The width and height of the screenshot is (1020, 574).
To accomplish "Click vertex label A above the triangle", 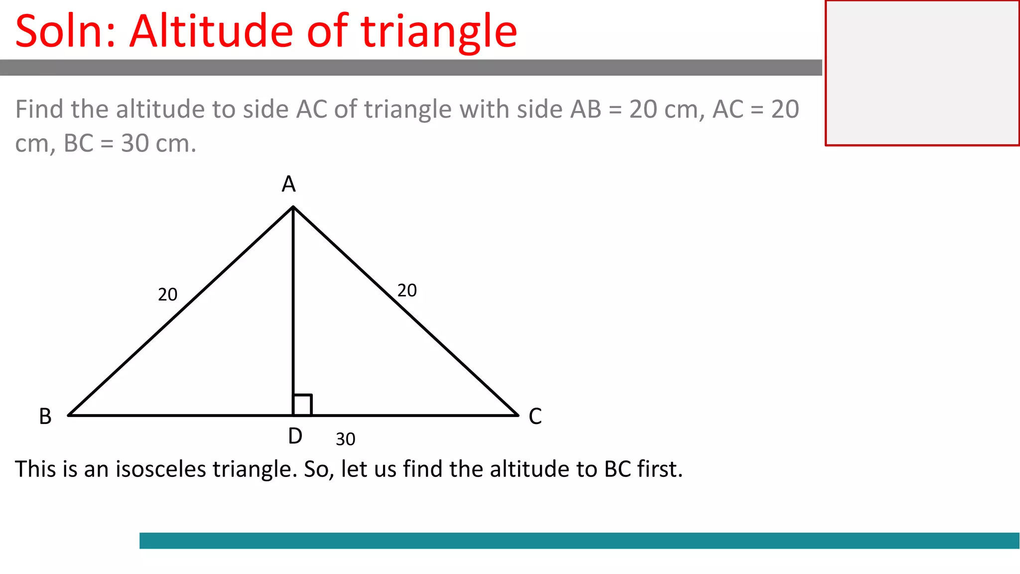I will (289, 184).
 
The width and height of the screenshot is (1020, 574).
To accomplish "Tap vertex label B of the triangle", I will (45, 417).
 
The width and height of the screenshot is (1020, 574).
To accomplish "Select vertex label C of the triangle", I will (535, 417).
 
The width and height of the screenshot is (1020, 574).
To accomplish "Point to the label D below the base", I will (295, 436).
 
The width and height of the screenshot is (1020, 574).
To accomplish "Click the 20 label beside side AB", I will (168, 295).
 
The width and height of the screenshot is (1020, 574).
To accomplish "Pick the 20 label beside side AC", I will (407, 290).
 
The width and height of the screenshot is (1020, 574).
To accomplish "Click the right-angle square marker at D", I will (303, 405).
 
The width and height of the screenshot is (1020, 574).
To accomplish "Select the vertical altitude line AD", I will (293, 299).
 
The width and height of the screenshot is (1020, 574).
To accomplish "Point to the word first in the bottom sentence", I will (659, 469).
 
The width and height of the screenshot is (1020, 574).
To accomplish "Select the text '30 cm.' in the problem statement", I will (159, 143).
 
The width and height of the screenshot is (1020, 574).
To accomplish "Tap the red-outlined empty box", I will (922, 73).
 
